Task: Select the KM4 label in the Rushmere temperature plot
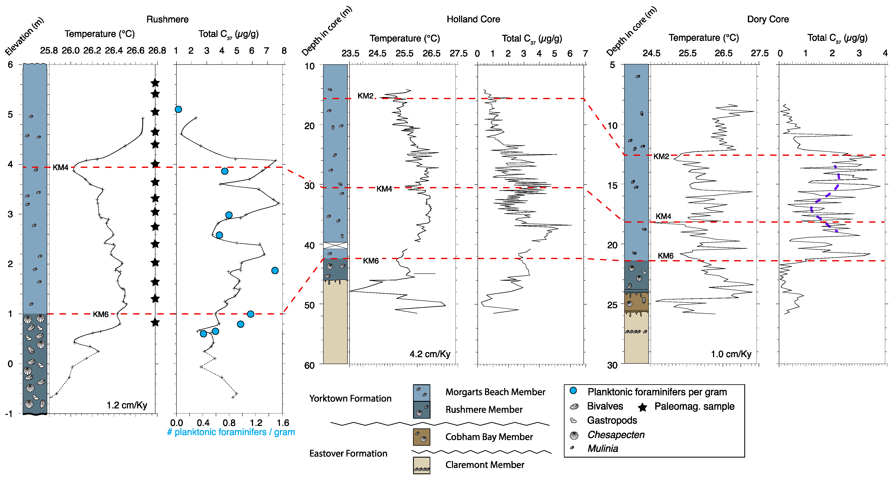(61, 167)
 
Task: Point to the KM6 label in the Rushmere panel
(101, 314)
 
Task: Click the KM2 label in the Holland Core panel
(365, 96)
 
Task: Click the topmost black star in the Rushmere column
(155, 83)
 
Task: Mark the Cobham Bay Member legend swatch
(421, 437)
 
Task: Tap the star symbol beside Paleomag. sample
(642, 407)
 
